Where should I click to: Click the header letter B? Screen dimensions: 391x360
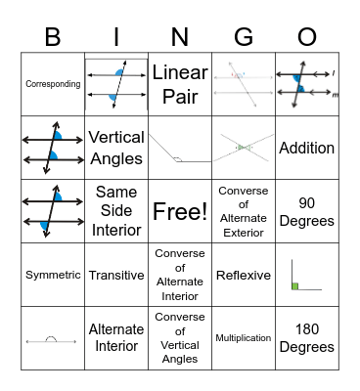point(52,36)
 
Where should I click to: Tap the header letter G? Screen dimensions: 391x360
point(244,36)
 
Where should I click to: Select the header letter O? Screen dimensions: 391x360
point(307,36)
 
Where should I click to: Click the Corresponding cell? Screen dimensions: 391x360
point(53,84)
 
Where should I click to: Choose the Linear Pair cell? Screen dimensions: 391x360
point(180,84)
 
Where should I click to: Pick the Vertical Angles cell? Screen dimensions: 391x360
point(116,148)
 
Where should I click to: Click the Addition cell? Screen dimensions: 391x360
point(307,148)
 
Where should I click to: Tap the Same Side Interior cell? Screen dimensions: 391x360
point(116,211)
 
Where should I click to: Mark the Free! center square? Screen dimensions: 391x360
point(180,211)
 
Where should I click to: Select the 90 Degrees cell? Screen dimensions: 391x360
point(307,211)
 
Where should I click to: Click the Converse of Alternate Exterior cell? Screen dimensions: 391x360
point(244,211)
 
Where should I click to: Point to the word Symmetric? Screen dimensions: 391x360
point(53,275)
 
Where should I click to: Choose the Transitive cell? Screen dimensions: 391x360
point(116,275)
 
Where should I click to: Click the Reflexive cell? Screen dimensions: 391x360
point(244,275)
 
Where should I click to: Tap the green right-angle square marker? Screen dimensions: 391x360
point(295,285)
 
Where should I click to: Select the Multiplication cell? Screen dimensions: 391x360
point(244,338)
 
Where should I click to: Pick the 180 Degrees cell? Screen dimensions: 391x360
point(307,338)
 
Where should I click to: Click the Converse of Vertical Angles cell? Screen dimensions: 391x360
point(180,338)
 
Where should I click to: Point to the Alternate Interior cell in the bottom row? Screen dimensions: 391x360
point(116,338)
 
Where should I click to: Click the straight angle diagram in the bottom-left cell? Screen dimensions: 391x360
point(53,340)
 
